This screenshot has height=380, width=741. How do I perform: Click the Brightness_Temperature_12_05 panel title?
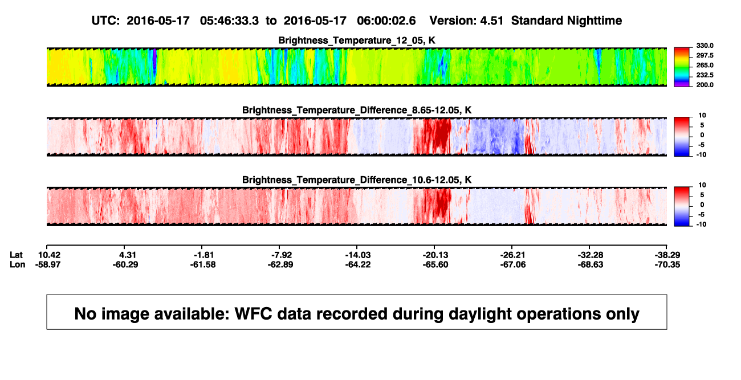pos(357,40)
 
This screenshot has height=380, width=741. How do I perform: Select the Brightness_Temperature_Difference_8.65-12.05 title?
pos(357,110)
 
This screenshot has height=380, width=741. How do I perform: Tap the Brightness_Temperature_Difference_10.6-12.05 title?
pos(357,180)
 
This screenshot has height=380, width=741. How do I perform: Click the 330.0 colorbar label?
pos(705,46)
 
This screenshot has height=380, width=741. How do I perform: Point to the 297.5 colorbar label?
pos(705,55)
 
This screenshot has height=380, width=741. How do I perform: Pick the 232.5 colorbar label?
pos(705,75)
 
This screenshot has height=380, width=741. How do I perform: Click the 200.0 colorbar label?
pos(705,85)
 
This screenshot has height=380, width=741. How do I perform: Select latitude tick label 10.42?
pos(49,255)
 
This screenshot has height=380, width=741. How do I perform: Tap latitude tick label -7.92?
pos(282,255)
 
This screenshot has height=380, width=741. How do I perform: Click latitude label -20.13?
pos(435,255)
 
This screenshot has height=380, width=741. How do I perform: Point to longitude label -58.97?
pos(48,264)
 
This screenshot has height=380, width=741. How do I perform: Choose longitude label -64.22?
pos(358,264)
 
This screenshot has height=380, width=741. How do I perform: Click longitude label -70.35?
pos(667,264)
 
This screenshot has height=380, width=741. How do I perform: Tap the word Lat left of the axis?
pos(16,255)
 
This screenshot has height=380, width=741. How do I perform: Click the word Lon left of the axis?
pos(17,264)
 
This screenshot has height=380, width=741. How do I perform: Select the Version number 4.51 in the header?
pos(491,21)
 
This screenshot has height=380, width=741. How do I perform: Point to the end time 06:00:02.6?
pos(386,21)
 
